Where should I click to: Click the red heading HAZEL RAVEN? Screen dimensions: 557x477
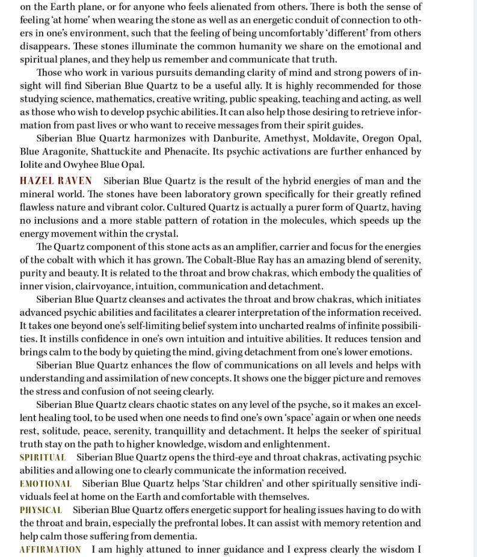[x=56, y=181]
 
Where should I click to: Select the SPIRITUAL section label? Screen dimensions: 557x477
[x=42, y=458]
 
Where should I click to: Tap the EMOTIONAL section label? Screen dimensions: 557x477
[x=45, y=484]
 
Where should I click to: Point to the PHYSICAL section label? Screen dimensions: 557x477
[x=40, y=510]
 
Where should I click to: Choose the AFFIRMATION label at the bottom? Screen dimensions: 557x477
[x=50, y=550]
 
